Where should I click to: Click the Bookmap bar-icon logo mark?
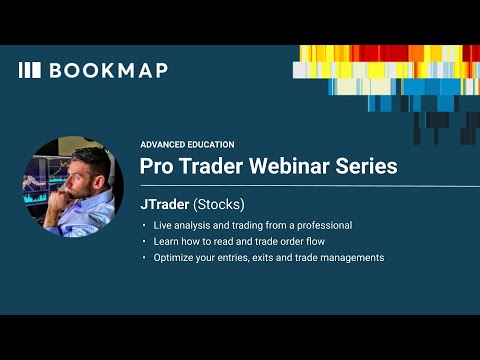[30, 70]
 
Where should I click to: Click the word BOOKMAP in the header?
[108, 70]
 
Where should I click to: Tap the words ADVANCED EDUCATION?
[187, 144]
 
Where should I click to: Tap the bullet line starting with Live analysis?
[252, 225]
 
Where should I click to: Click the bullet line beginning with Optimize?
[268, 258]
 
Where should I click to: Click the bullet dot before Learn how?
[144, 242]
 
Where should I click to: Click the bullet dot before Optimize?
[144, 258]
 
